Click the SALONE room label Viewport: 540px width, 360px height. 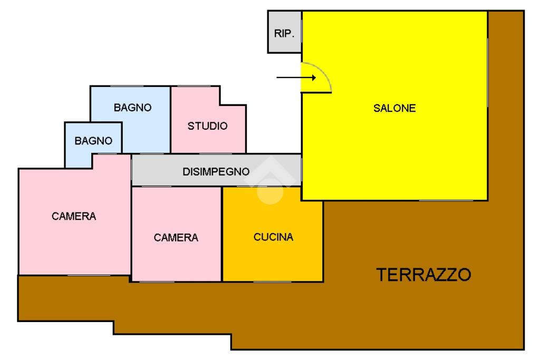(394, 109)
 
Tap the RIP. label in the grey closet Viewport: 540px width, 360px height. (284, 34)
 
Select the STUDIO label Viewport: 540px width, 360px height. (208, 127)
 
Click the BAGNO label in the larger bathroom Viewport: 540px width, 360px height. (133, 108)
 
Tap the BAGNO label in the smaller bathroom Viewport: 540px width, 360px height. (93, 141)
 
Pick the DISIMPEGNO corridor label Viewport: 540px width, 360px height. (216, 172)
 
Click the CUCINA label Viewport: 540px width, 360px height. (273, 237)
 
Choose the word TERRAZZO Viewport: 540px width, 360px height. (423, 275)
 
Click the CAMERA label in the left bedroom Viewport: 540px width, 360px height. (74, 217)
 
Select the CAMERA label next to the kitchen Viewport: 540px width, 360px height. (176, 238)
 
